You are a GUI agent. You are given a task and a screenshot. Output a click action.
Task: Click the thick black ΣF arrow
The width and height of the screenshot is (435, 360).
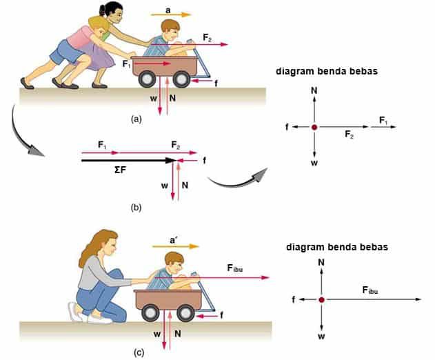(129, 161)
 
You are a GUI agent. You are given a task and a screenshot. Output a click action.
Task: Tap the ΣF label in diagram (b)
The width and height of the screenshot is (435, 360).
(120, 170)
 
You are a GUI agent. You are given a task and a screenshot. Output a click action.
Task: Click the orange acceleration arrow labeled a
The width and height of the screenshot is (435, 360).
(171, 14)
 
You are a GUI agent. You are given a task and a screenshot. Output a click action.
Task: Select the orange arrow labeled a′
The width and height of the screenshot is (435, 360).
(175, 246)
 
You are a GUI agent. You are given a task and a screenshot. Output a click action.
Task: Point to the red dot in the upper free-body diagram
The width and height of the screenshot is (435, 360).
(314, 127)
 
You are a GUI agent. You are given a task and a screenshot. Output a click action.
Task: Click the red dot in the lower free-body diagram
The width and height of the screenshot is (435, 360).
(321, 299)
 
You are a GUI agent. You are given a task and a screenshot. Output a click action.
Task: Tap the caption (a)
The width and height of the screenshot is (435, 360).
(136, 119)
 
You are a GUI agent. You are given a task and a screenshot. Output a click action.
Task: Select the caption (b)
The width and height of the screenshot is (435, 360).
(136, 208)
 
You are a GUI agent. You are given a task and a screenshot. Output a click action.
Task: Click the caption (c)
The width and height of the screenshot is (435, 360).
(139, 353)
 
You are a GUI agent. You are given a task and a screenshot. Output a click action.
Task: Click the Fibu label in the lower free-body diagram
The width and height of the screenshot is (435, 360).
(370, 290)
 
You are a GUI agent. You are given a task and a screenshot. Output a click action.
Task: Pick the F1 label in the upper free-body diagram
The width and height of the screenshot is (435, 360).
(383, 121)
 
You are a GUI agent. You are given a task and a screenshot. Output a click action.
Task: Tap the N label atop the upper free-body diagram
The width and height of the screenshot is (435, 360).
(314, 90)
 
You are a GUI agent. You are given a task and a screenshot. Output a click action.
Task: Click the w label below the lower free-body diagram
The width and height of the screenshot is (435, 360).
(321, 337)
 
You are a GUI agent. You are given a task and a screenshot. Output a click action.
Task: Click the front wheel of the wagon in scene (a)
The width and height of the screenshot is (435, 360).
(181, 79)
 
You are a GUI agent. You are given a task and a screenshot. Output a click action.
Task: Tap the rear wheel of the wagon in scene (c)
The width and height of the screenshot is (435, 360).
(150, 313)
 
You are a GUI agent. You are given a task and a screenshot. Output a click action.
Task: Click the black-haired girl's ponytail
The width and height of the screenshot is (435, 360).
(102, 10)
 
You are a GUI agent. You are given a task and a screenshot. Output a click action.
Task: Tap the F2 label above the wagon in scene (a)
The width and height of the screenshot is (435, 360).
(207, 37)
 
